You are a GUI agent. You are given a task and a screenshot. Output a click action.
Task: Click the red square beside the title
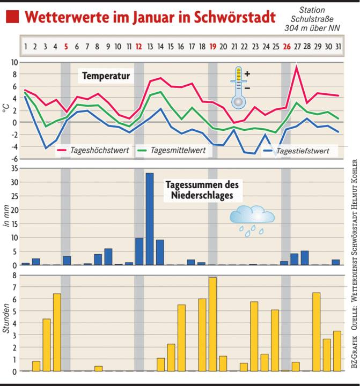[12, 17]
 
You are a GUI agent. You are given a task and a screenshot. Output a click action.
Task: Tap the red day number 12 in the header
[139, 47]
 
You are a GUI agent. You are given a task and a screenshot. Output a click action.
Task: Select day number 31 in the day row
[338, 47]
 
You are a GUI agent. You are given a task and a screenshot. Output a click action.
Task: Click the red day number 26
[286, 47]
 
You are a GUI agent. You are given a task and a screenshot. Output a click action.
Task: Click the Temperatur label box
[106, 77]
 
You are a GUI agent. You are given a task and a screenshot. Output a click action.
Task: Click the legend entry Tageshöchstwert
[99, 151]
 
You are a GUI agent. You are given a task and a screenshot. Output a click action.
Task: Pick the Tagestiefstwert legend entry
[303, 151]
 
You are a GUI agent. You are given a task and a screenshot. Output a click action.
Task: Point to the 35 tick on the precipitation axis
[13, 169]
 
